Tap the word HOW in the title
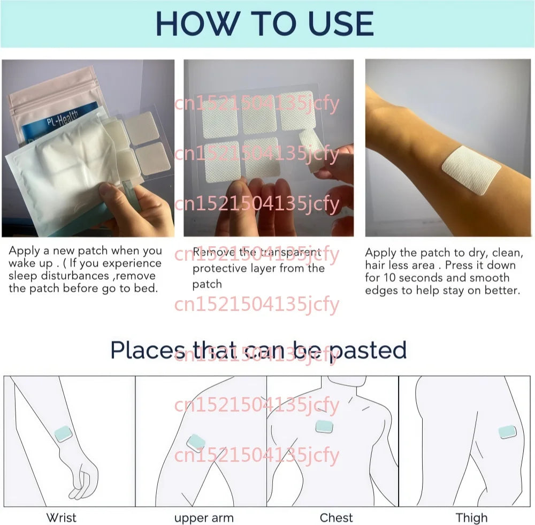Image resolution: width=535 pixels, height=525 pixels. pyautogui.click(x=197, y=24)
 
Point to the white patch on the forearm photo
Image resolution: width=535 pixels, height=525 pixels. pyautogui.click(x=471, y=170)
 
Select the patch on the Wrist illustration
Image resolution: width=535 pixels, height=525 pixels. pyautogui.click(x=64, y=434)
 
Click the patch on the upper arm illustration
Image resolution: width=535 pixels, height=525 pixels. pyautogui.click(x=196, y=443)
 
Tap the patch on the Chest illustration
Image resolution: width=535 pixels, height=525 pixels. pyautogui.click(x=324, y=427)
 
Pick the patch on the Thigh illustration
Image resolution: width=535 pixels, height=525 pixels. pyautogui.click(x=507, y=432)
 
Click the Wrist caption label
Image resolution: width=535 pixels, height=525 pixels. pyautogui.click(x=62, y=518)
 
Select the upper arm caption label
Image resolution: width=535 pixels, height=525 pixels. pyautogui.click(x=204, y=518)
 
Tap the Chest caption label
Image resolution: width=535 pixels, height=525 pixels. pyautogui.click(x=336, y=518)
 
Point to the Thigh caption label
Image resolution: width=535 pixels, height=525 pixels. pyautogui.click(x=471, y=518)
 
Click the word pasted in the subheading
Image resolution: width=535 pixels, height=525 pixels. pyautogui.click(x=368, y=351)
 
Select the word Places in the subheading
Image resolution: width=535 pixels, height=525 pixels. pyautogui.click(x=148, y=350)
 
